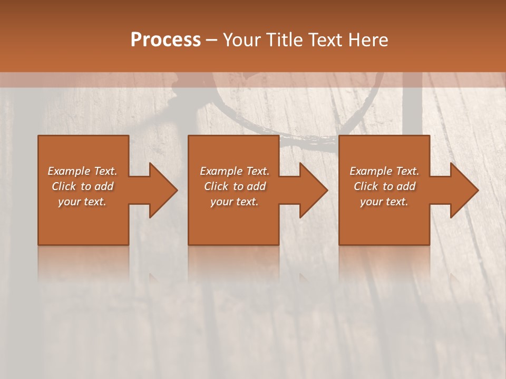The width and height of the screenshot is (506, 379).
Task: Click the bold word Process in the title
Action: (x=166, y=40)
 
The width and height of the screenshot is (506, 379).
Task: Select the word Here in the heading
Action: (x=367, y=40)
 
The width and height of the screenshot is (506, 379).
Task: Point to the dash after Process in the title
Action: (x=211, y=41)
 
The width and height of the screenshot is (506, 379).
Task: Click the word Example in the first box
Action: (x=69, y=171)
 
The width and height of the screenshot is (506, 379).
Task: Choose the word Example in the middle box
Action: (x=221, y=171)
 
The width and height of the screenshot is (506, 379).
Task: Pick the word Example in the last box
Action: (x=371, y=171)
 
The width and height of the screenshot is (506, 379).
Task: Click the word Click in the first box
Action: (x=64, y=186)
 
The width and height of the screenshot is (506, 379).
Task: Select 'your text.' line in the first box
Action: (x=82, y=202)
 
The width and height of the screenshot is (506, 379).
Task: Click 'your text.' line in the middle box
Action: (x=235, y=202)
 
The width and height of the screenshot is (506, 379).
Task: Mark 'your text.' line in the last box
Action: (x=384, y=202)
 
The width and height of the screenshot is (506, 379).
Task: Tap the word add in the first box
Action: (x=104, y=186)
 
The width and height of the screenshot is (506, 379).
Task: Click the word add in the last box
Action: (x=406, y=186)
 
